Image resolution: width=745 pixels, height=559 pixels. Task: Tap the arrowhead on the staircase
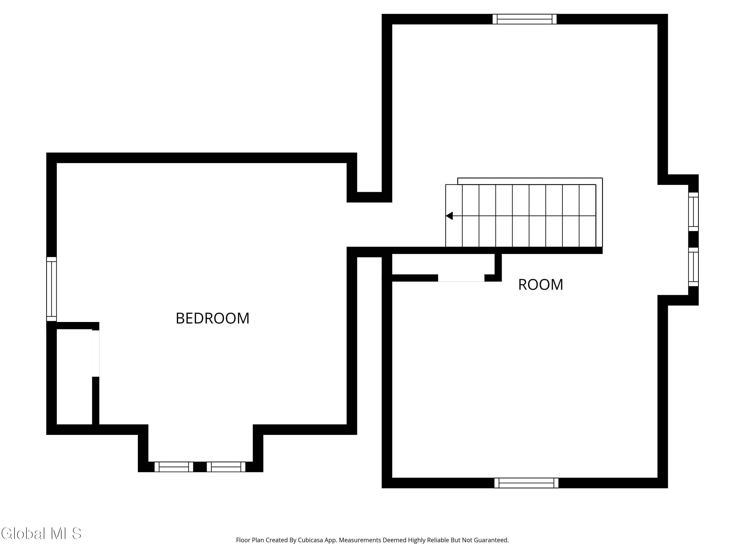[x=449, y=216]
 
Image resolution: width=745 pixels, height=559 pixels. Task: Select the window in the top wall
[x=524, y=19]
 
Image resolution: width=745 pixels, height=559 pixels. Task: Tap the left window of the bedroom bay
[x=174, y=467]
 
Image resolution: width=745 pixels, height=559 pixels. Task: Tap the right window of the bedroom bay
[x=226, y=467]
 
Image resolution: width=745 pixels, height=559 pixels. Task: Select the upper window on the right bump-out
[x=693, y=212]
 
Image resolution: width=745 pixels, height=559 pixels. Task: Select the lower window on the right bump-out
[x=693, y=267]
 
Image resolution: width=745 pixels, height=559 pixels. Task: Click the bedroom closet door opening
[x=96, y=353]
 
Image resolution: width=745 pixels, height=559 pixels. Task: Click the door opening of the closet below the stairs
[x=461, y=278]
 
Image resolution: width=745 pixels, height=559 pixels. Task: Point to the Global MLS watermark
[x=41, y=533]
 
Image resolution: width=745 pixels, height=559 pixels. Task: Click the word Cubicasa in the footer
[x=310, y=540]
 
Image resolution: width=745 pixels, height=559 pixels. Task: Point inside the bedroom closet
[x=74, y=376]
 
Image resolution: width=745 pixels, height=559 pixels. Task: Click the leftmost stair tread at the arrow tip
[x=454, y=216]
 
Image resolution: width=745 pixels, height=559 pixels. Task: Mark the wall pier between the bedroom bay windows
[x=200, y=467]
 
